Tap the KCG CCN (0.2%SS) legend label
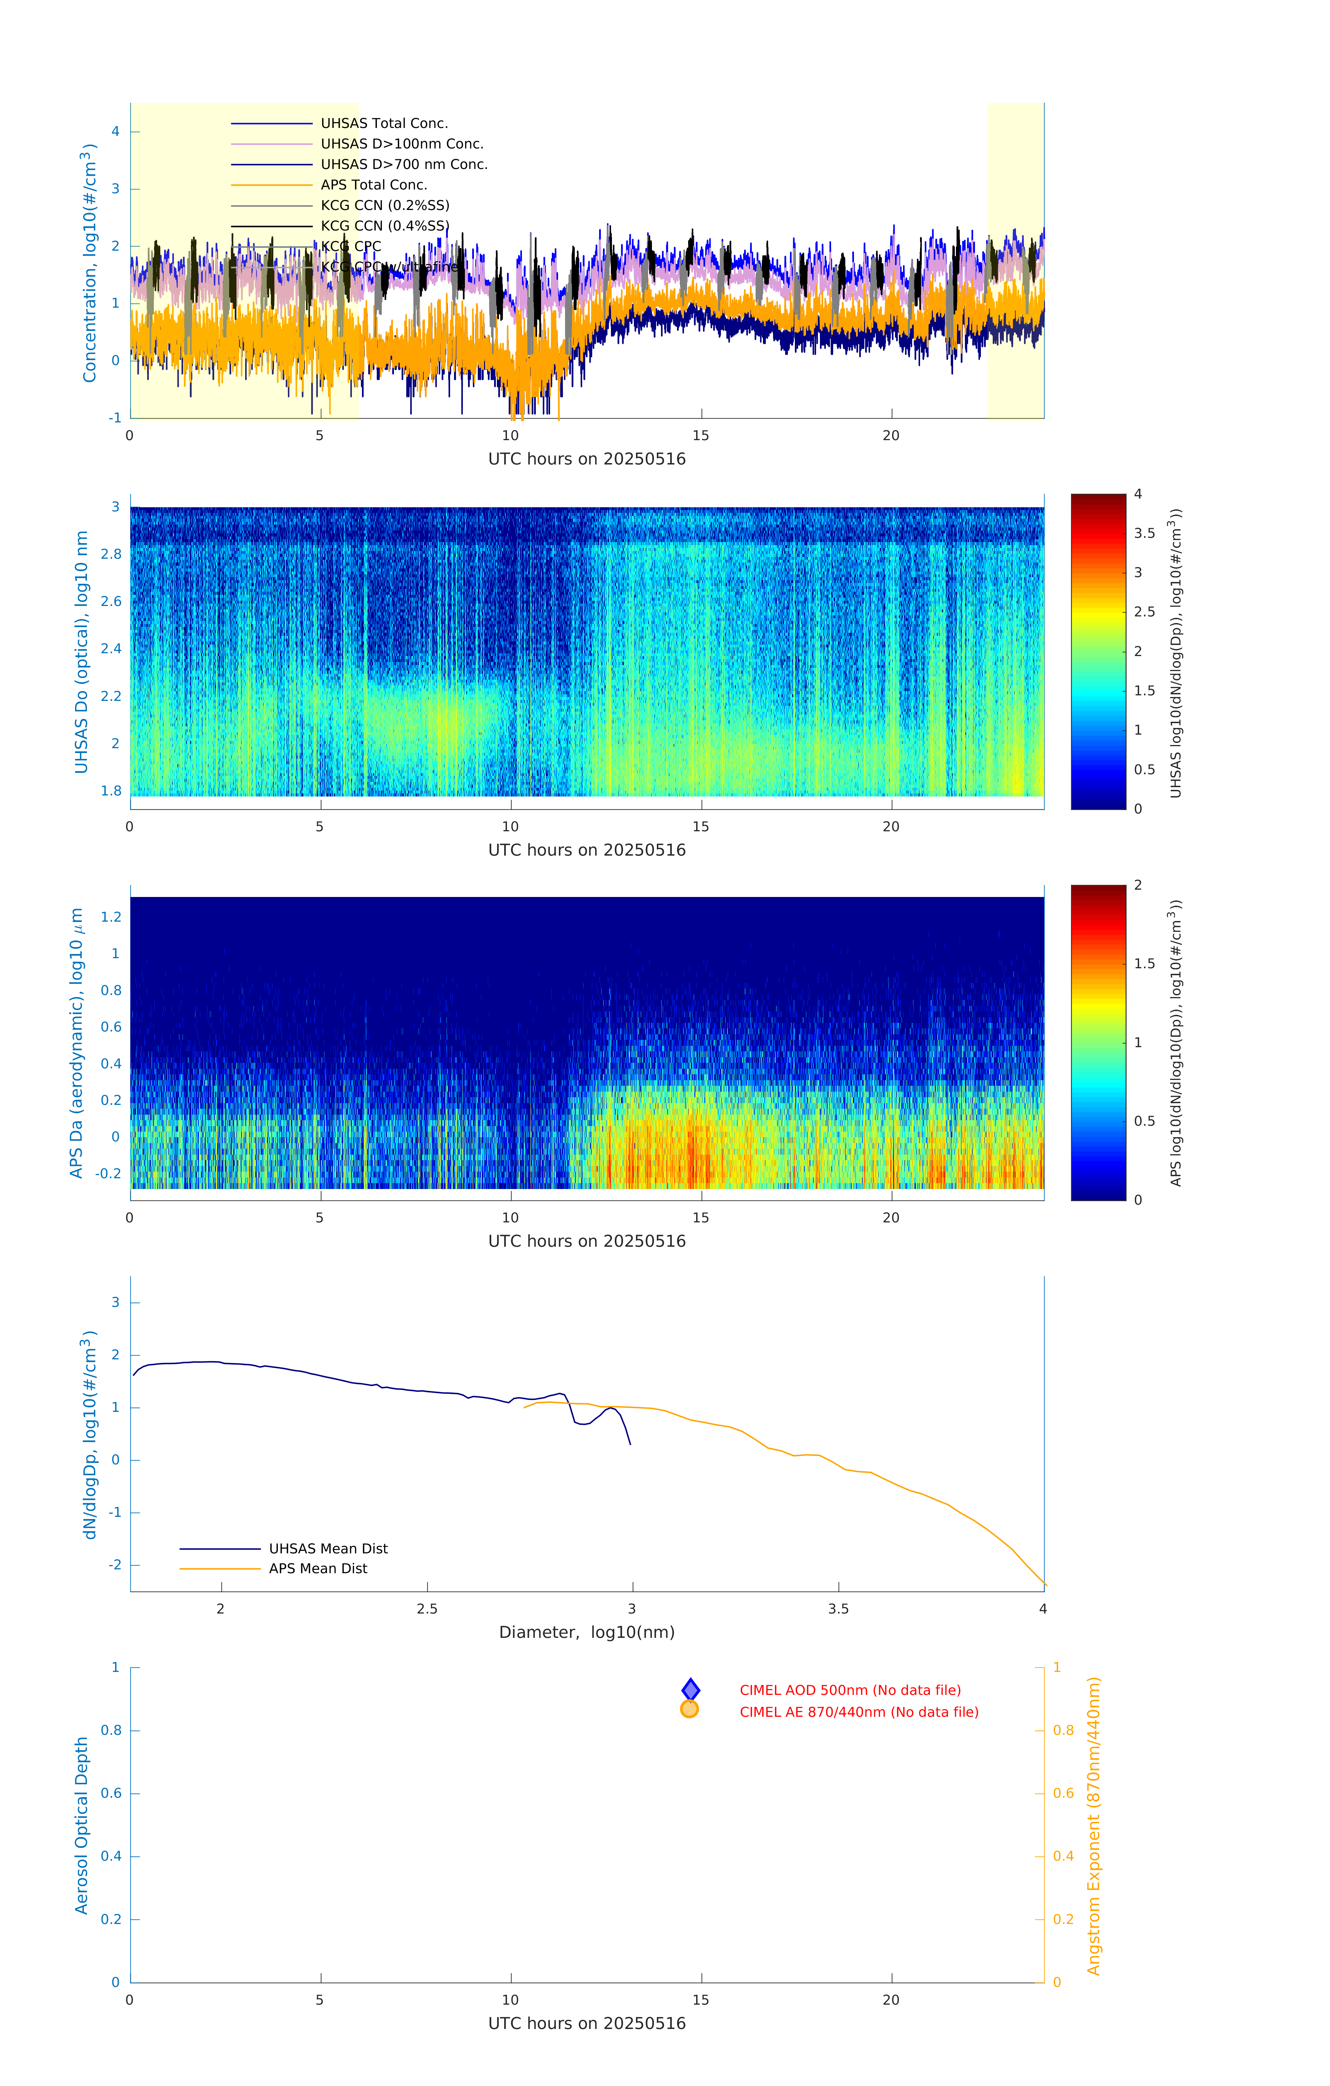385,205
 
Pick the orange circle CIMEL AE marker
690,1709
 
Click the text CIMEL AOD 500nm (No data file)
850,1690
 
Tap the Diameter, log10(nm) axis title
587,1632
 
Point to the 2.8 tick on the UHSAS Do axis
111,555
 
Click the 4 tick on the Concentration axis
115,132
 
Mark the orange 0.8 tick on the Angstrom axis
1063,1730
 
